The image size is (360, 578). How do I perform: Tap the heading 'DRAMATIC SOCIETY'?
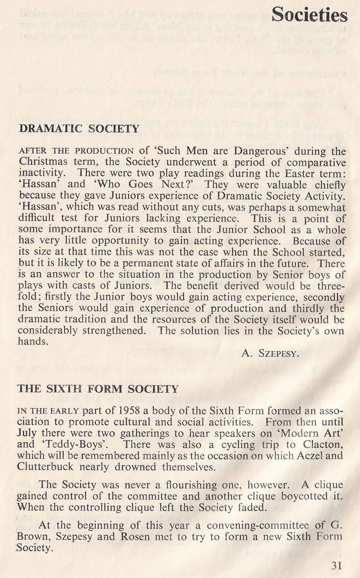point(79,129)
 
